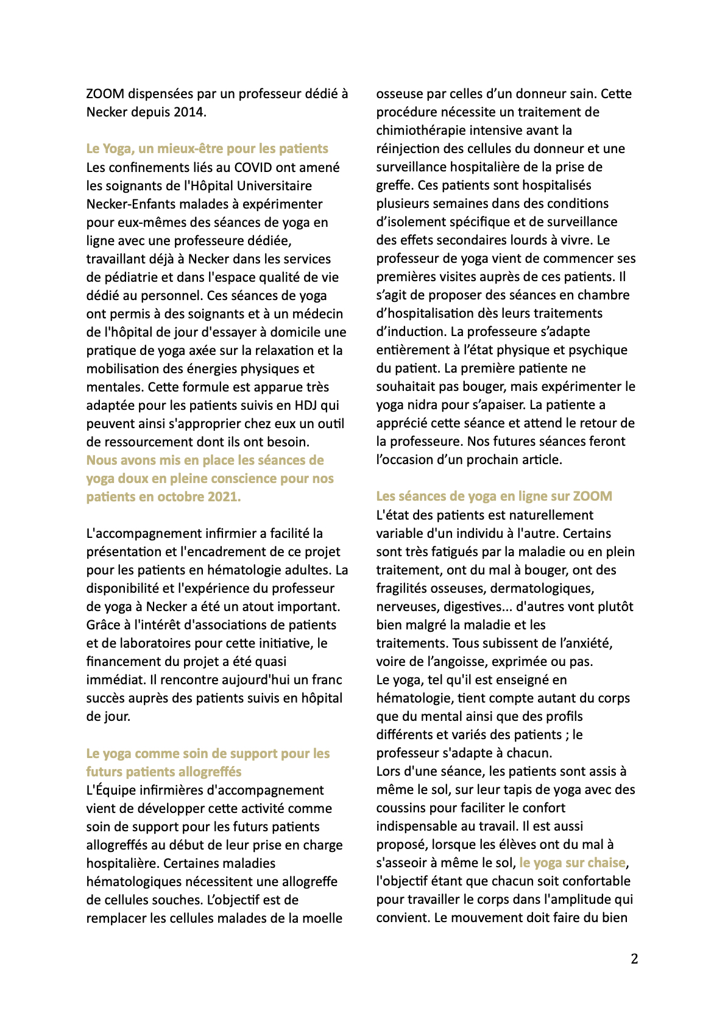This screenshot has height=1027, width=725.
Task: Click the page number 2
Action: [x=634, y=959]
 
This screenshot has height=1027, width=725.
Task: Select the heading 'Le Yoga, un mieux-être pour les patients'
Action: [x=207, y=149]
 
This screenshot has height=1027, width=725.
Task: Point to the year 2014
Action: [x=189, y=112]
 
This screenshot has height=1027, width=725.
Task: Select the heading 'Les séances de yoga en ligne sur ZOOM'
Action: [x=494, y=496]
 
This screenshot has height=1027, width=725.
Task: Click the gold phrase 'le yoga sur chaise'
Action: [x=572, y=863]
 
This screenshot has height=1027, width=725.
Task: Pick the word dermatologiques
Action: [x=542, y=589]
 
